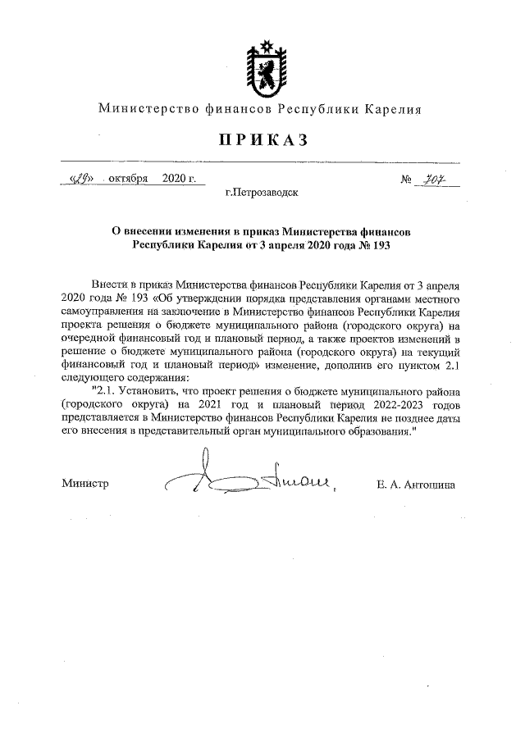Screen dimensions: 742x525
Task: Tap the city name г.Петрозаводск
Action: point(262,195)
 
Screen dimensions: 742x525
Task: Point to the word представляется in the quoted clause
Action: point(103,417)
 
